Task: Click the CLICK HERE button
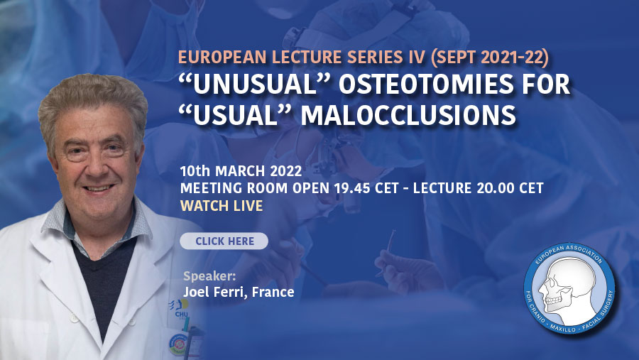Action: point(224,241)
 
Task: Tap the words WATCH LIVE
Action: point(222,206)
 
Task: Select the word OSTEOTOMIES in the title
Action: point(425,84)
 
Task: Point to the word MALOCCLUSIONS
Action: point(409,115)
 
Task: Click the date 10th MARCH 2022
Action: point(241,171)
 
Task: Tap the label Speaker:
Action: point(209,276)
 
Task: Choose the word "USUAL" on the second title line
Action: point(236,115)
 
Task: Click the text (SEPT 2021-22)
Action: point(490,58)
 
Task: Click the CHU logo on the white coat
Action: point(180,309)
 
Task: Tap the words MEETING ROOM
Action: point(234,188)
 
